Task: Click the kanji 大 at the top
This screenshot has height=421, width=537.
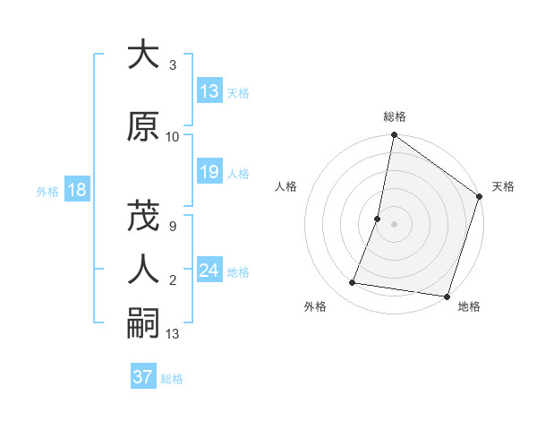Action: (143, 56)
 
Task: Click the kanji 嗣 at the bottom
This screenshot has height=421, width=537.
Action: (143, 323)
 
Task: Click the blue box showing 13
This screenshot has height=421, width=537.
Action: (209, 92)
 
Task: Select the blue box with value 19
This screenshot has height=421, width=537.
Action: (209, 173)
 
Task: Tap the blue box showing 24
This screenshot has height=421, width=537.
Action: (209, 271)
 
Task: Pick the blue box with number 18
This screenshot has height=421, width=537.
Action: (76, 190)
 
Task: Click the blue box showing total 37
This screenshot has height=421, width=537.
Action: (143, 377)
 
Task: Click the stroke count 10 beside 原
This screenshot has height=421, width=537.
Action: (173, 137)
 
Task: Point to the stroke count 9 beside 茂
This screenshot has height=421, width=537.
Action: (173, 226)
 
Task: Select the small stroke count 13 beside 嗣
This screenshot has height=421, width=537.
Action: (173, 334)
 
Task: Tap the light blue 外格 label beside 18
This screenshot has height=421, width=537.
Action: (47, 191)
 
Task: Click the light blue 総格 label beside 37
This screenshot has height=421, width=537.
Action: (172, 379)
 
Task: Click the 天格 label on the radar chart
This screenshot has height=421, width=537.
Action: (503, 186)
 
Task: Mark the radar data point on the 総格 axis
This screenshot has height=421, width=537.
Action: (394, 136)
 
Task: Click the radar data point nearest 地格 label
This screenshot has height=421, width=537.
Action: (446, 296)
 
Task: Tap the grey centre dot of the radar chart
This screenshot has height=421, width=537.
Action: (394, 224)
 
